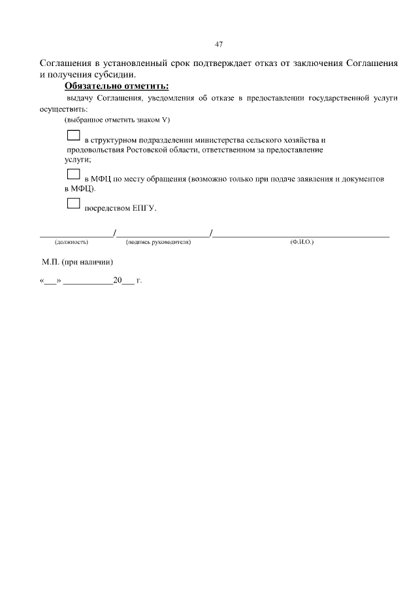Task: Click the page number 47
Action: [x=219, y=44]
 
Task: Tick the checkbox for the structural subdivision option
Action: [x=73, y=137]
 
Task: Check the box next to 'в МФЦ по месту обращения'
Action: [x=73, y=174]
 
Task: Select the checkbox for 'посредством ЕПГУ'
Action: [x=73, y=204]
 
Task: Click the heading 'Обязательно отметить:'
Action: [x=116, y=86]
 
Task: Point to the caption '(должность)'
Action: [x=71, y=242]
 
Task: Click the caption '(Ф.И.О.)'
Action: [x=302, y=242]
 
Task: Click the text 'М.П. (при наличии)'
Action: [x=78, y=262]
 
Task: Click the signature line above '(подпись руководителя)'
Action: [x=163, y=234]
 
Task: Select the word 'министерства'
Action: [x=221, y=141]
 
